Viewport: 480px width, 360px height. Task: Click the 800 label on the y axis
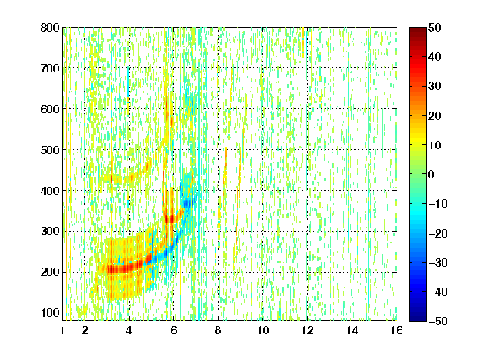[x=50, y=27]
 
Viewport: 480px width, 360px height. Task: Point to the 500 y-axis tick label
[x=50, y=150]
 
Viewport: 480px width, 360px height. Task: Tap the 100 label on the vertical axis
[x=50, y=312]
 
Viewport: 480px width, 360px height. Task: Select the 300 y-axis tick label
[x=50, y=232]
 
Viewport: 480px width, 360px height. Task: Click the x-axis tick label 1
[x=62, y=330]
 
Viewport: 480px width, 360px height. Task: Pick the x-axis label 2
[x=85, y=330]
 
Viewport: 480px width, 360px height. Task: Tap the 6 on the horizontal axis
[x=174, y=330]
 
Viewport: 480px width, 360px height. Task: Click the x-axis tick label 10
[x=263, y=330]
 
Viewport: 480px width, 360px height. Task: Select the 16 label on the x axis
[x=397, y=330]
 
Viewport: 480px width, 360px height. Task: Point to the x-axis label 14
[x=352, y=330]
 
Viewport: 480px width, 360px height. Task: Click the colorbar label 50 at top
[x=434, y=27]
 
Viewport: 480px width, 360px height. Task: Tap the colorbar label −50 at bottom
[x=437, y=321]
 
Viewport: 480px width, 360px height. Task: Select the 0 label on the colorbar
[x=432, y=174]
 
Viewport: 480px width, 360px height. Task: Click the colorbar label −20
[x=437, y=233]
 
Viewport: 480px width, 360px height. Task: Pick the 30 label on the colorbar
[x=434, y=87]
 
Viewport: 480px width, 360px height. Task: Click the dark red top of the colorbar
[x=417, y=30]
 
